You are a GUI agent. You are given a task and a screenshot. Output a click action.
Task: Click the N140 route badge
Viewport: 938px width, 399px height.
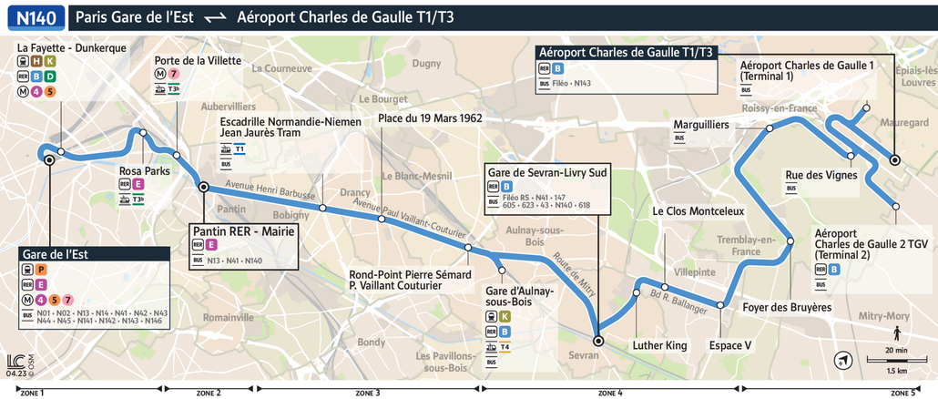[x=35, y=16]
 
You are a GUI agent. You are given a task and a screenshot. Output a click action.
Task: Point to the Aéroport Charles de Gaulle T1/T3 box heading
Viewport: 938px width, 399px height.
[x=627, y=53]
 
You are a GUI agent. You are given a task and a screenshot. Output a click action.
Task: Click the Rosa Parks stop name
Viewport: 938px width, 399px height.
[x=145, y=170]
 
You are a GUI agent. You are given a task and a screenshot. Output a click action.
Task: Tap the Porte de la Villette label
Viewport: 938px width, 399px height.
[x=198, y=60]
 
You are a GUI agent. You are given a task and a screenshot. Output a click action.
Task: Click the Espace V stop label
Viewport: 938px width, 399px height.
[x=730, y=345]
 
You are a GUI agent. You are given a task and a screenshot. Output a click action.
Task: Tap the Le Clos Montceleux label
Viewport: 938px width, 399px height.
[x=698, y=210]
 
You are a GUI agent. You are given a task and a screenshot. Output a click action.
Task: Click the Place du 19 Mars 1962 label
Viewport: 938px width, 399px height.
[x=430, y=118]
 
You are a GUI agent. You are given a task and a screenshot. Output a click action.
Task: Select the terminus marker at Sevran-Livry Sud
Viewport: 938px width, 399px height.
[x=598, y=341]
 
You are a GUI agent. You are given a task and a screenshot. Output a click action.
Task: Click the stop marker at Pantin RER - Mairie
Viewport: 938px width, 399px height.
[x=204, y=187]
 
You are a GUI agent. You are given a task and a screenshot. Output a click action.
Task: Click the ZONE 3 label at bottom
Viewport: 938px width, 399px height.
[x=367, y=392]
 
